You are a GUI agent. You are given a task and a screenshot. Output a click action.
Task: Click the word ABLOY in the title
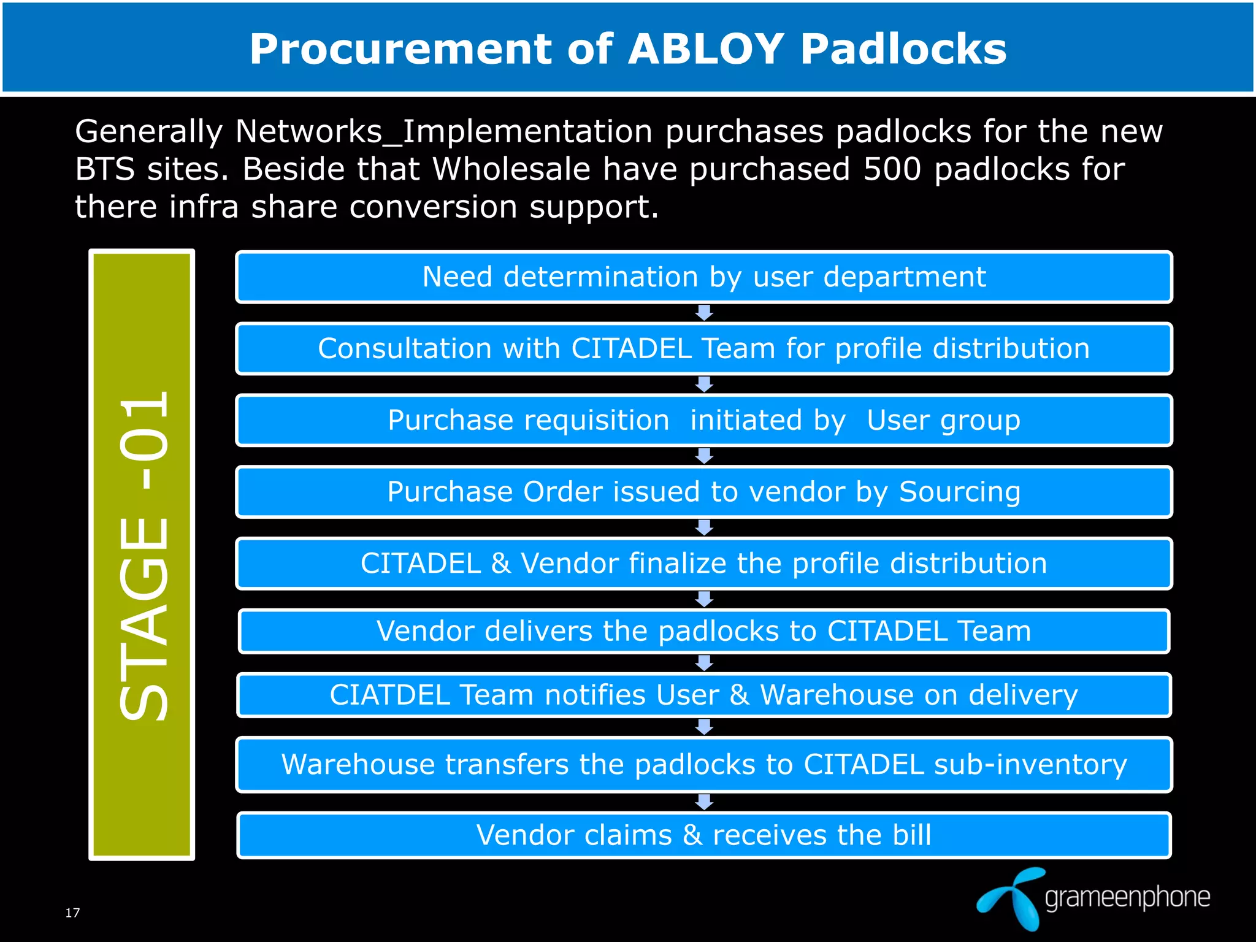pyautogui.click(x=706, y=49)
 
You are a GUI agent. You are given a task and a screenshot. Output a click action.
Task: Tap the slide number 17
pyautogui.click(x=72, y=913)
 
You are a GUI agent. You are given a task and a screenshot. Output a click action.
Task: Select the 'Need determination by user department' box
pyautogui.click(x=704, y=277)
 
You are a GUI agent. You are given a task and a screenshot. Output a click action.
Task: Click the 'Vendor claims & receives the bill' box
pyautogui.click(x=704, y=835)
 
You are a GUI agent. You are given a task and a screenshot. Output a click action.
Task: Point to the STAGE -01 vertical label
pyautogui.click(x=142, y=554)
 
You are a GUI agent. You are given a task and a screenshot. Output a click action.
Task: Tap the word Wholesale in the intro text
pyautogui.click(x=511, y=169)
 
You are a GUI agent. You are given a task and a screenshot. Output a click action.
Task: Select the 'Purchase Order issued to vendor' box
pyautogui.click(x=704, y=492)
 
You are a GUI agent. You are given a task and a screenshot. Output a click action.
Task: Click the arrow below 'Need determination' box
pyautogui.click(x=704, y=313)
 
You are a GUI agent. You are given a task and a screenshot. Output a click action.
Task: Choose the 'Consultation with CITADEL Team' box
pyautogui.click(x=704, y=348)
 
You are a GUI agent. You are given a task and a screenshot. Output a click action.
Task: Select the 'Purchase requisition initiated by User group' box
pyautogui.click(x=704, y=421)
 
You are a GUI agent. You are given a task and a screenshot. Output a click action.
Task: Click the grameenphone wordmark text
pyautogui.click(x=1127, y=898)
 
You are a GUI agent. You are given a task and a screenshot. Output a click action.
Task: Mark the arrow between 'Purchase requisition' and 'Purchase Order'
pyautogui.click(x=704, y=456)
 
